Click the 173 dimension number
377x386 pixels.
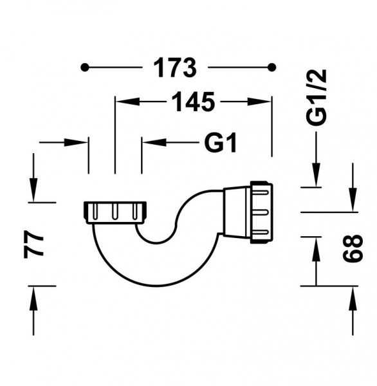175,68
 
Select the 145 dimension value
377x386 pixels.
193,102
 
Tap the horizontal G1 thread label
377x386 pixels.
221,142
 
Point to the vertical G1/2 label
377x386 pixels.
317,98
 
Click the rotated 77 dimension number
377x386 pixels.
33,244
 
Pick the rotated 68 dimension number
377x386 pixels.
353,248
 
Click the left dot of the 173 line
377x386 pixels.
84,67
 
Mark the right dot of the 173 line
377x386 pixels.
272,67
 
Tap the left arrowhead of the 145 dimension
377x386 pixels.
128,102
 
